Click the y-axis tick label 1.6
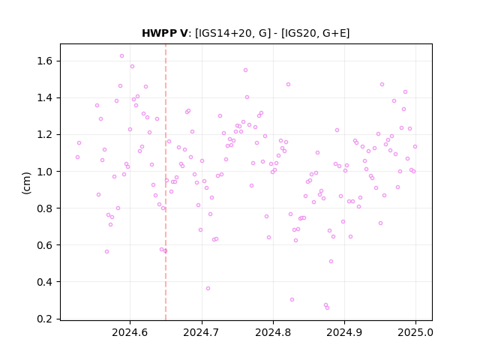45,61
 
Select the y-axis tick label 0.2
45,319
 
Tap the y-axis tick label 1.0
45,172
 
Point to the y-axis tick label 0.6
45,245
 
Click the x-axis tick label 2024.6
130,332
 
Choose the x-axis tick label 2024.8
273,332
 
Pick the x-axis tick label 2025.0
415,332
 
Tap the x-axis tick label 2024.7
202,332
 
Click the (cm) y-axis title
27,183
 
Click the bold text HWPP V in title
165,33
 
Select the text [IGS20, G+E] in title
315,33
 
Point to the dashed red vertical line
166,182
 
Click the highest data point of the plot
121,56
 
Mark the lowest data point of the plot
327,308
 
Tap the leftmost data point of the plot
77,157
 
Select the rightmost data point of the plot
415,147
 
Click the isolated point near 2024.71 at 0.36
208,288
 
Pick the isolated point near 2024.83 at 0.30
292,300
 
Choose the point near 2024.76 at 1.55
245,70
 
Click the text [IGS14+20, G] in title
233,33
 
